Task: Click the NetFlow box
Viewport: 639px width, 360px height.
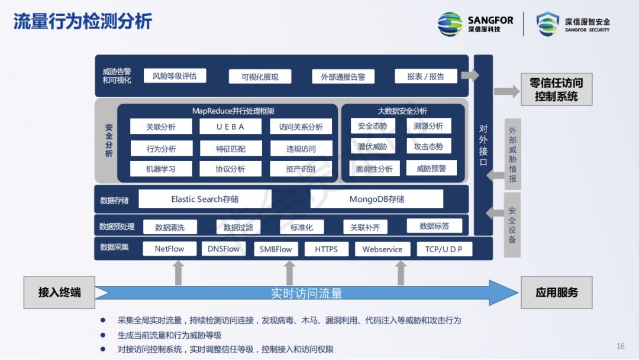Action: (169, 249)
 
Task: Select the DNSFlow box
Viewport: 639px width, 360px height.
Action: (224, 249)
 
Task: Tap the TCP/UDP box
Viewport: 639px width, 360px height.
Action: (444, 249)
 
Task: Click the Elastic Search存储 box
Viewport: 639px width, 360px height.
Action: (205, 200)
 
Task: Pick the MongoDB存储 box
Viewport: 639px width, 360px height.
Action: (376, 200)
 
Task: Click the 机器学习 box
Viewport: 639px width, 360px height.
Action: (161, 169)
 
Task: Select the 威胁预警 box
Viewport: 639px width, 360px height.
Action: (431, 169)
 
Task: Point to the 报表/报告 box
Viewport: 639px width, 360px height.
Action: (425, 76)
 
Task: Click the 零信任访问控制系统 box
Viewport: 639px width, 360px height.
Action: (556, 90)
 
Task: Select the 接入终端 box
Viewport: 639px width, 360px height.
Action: (59, 292)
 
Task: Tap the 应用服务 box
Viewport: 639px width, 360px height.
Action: (556, 292)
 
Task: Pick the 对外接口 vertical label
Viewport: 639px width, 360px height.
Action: (483, 145)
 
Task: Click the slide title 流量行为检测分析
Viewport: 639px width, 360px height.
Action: (83, 21)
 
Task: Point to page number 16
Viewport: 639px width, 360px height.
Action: (621, 346)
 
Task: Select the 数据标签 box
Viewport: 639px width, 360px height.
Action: (434, 226)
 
